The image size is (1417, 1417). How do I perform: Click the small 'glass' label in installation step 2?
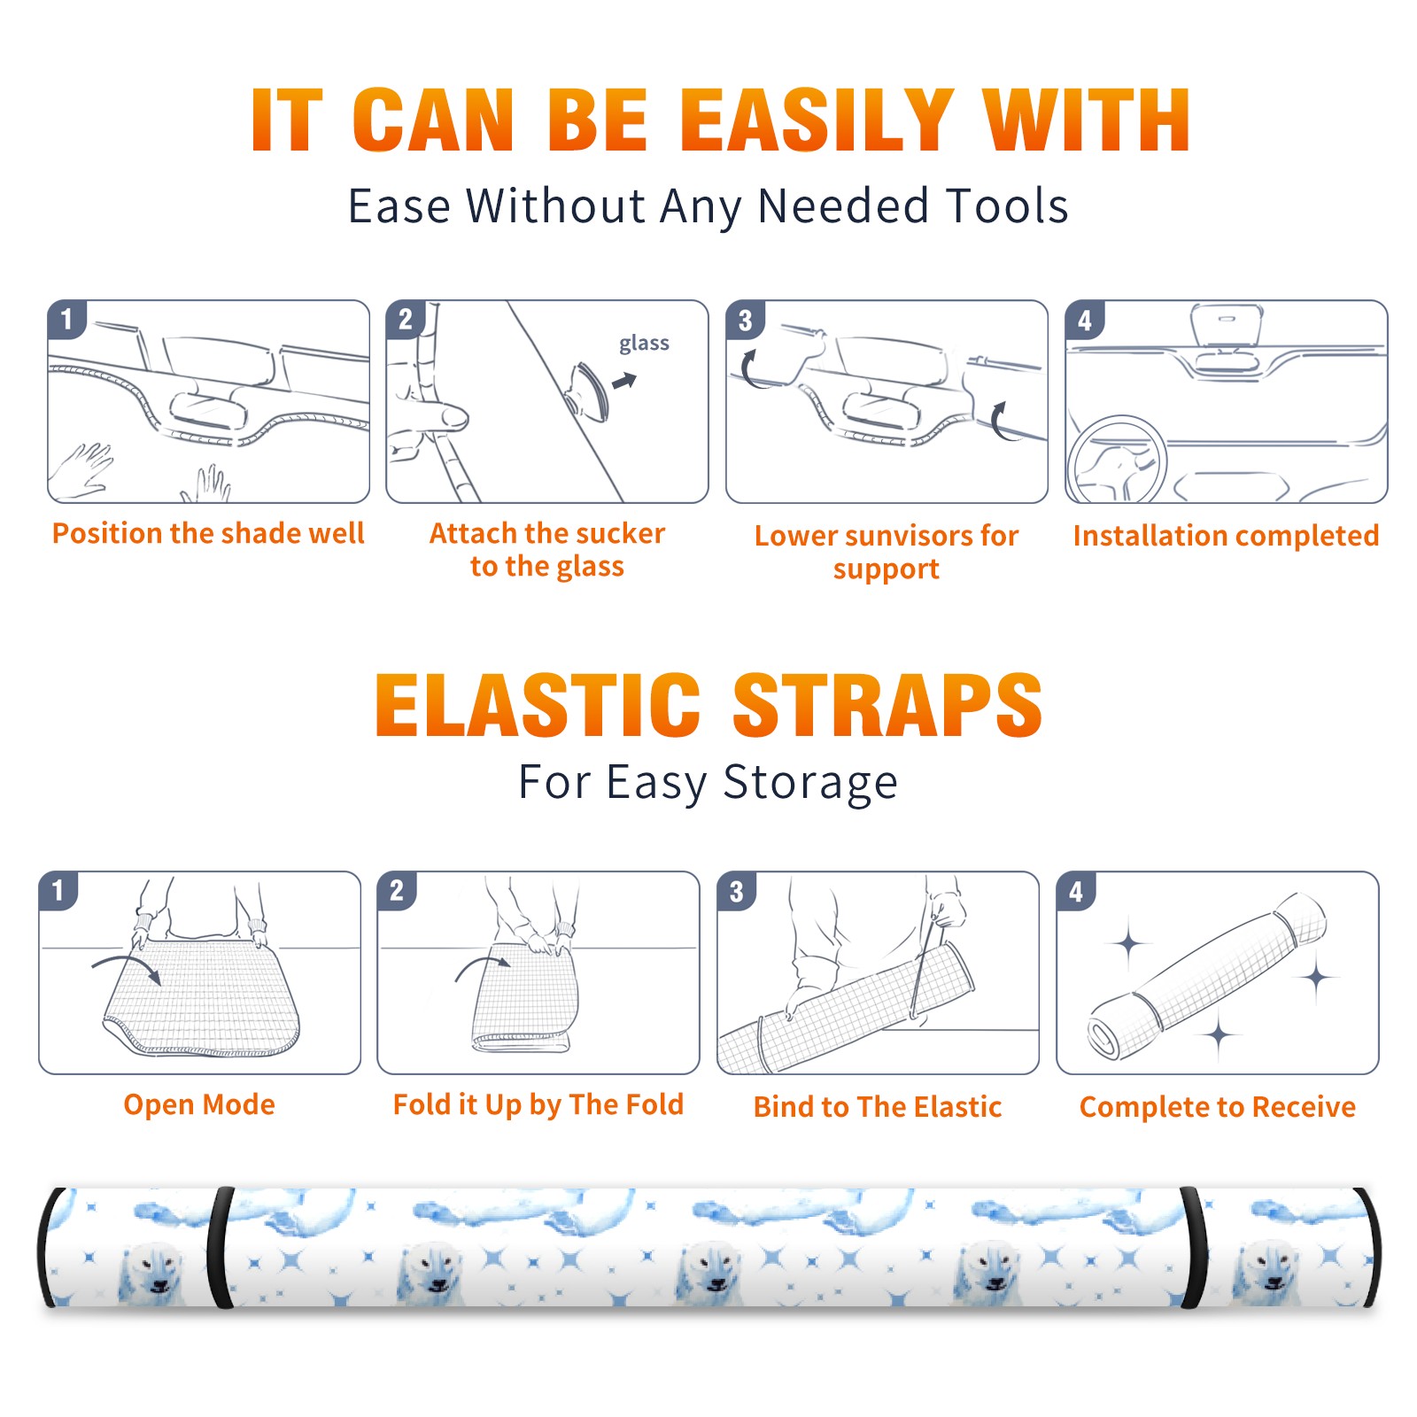point(644,344)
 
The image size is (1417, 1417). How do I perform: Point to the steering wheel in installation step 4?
point(1117,461)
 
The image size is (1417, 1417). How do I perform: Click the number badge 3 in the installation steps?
point(745,320)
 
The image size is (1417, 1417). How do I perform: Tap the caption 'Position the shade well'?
point(208,533)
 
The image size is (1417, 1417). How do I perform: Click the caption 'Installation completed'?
point(1226,535)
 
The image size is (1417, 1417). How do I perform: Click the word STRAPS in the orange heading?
point(887,705)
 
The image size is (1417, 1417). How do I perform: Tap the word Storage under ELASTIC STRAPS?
point(810,784)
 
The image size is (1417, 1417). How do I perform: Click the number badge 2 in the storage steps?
point(397,891)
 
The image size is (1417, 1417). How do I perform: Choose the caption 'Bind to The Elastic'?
point(878,1107)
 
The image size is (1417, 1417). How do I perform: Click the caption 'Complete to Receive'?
point(1218,1107)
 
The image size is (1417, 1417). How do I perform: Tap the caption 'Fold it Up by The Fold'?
point(538,1104)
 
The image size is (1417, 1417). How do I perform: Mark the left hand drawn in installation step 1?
point(81,469)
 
